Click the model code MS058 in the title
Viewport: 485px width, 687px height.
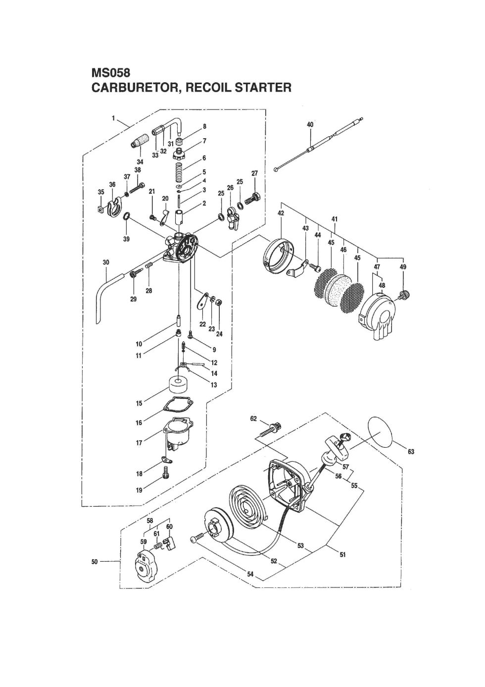110,73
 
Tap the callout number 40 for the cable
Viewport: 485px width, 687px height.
310,125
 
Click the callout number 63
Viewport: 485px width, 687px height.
411,452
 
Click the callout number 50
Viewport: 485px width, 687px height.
95,561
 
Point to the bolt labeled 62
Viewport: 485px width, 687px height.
270,428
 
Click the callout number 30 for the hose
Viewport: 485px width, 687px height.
106,262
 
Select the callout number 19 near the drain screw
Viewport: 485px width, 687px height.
139,490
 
